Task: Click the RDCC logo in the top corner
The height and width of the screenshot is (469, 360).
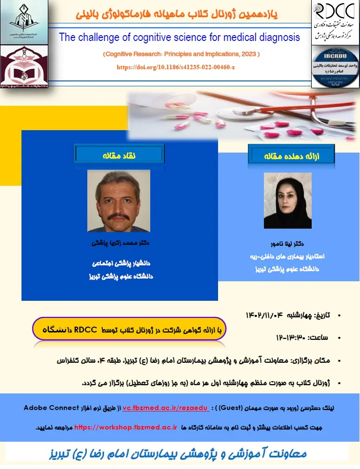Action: pyautogui.click(x=335, y=10)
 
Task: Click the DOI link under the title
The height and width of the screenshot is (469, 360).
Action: pyautogui.click(x=176, y=66)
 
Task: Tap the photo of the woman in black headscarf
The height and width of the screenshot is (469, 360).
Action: pyautogui.click(x=287, y=200)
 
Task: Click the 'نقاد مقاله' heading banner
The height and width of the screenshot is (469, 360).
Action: pyautogui.click(x=119, y=155)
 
